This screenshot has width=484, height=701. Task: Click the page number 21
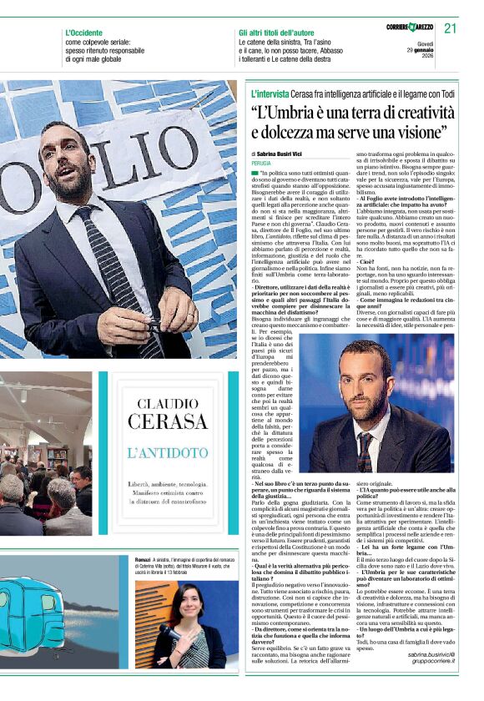pos(450,28)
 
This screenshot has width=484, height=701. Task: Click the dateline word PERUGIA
pos(262,164)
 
